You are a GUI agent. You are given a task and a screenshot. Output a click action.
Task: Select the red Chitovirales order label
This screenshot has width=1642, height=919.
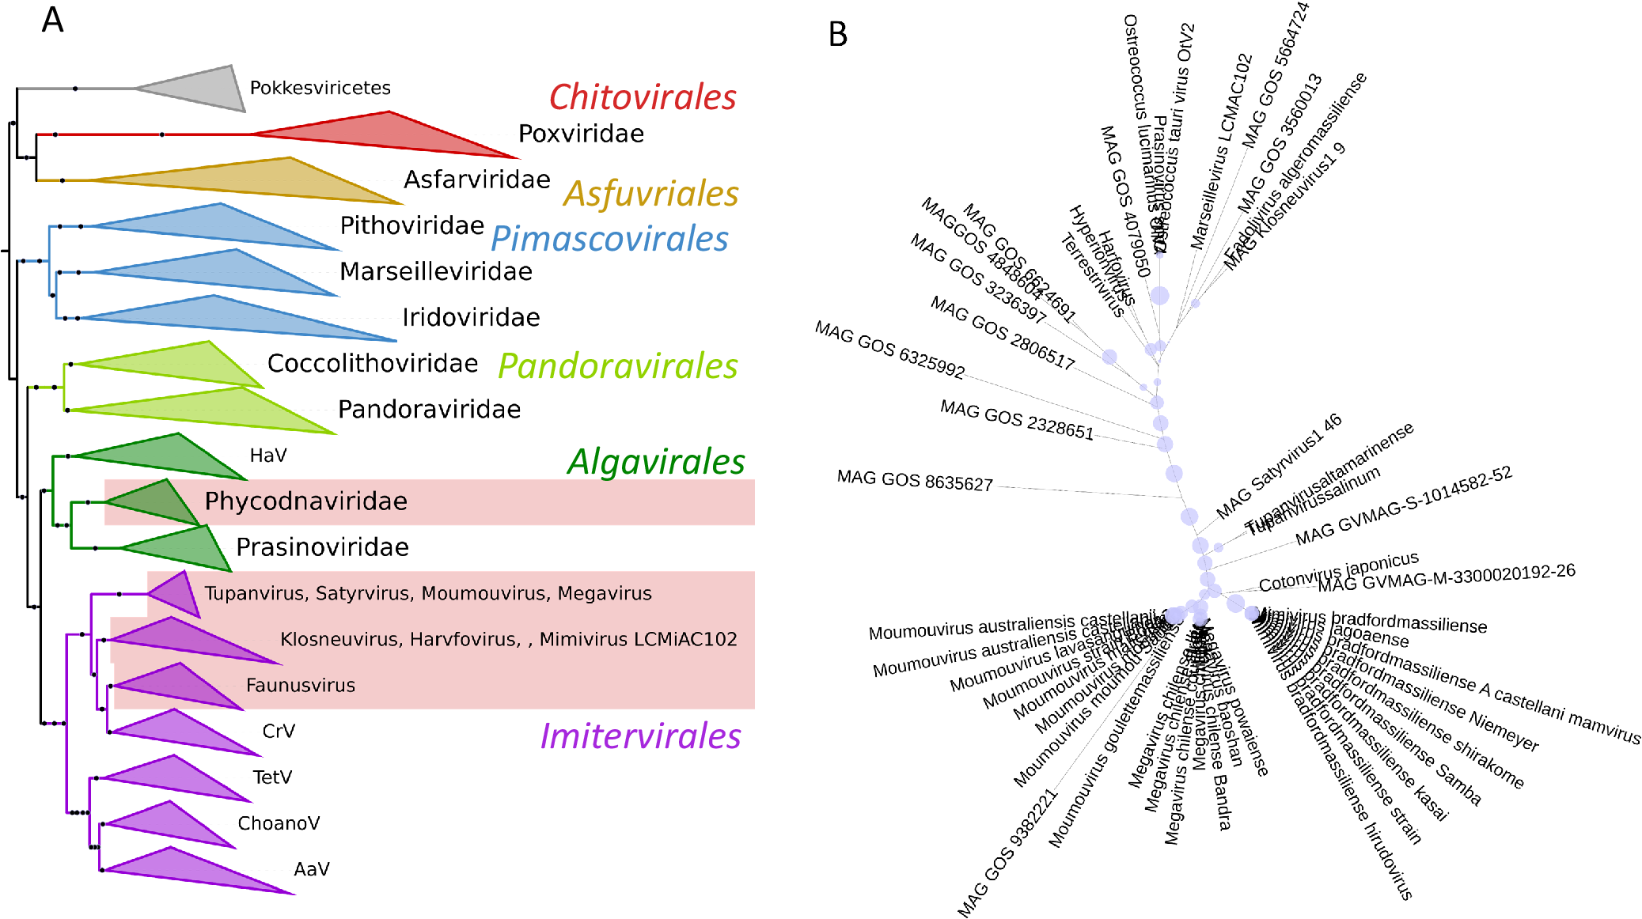pyautogui.click(x=643, y=97)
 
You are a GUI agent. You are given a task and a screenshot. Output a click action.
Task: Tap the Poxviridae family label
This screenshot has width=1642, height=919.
pyautogui.click(x=581, y=134)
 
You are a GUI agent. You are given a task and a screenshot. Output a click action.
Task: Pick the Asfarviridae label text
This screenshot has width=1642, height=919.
pyautogui.click(x=476, y=180)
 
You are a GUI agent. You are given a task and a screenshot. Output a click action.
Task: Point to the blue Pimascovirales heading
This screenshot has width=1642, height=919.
pyautogui.click(x=609, y=239)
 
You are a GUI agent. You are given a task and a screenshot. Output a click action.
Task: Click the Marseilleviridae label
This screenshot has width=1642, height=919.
pyautogui.click(x=436, y=271)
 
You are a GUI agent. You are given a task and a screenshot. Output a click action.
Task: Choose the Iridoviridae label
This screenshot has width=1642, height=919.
pyautogui.click(x=471, y=317)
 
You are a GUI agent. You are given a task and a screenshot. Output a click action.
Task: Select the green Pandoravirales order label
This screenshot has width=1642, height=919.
pyautogui.click(x=618, y=366)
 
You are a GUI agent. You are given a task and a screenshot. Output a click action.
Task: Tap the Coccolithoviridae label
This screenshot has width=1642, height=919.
pyautogui.click(x=373, y=363)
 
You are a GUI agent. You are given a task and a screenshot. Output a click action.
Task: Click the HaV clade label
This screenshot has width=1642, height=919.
pyautogui.click(x=268, y=456)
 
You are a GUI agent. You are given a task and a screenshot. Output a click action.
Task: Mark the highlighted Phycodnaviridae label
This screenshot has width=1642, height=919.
pyautogui.click(x=306, y=501)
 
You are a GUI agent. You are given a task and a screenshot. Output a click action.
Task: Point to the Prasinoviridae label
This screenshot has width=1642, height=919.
pyautogui.click(x=323, y=547)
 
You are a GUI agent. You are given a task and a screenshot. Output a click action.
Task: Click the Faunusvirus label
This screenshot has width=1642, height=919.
pyautogui.click(x=301, y=685)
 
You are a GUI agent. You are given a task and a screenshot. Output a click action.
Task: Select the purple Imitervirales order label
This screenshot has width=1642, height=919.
pyautogui.click(x=640, y=736)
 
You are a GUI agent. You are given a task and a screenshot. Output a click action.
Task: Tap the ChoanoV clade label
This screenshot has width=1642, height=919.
pyautogui.click(x=279, y=823)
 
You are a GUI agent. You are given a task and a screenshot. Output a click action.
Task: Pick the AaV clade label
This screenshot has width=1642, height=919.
pyautogui.click(x=312, y=869)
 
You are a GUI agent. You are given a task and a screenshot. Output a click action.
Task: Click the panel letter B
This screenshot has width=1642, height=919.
pyautogui.click(x=838, y=35)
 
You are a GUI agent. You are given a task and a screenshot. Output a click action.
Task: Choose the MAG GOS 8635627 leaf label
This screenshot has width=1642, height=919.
pyautogui.click(x=915, y=481)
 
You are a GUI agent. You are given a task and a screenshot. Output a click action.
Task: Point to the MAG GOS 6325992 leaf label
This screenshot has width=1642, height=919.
pyautogui.click(x=890, y=350)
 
